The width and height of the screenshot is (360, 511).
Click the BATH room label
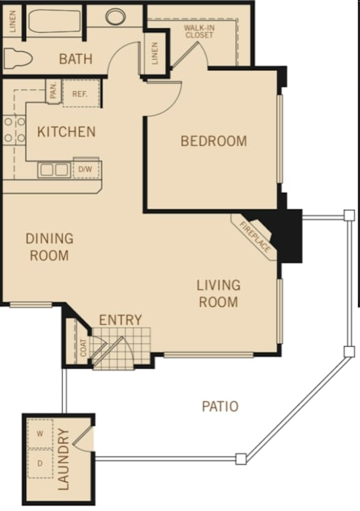coord(76,59)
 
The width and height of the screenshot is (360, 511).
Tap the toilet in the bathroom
coord(18,58)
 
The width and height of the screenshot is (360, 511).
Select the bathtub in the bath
coord(55,21)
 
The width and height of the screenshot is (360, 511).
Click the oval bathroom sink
coord(115,16)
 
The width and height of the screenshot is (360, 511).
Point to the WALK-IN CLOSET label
coord(199,31)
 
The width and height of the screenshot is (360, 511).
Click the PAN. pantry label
coord(53,91)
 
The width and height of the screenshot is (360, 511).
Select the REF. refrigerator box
coord(81,93)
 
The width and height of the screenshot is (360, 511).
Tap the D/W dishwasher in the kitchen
coord(85,169)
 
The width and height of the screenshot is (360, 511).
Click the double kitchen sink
coord(54,170)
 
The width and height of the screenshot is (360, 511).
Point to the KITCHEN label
coord(66,132)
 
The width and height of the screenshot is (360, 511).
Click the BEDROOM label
coord(213,141)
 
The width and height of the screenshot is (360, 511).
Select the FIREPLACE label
coord(255,237)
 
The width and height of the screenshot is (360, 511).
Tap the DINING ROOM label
coord(50,247)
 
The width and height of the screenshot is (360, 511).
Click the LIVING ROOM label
coord(218,293)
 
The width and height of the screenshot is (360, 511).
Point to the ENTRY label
coord(120,320)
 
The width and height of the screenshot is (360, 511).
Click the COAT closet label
coord(84,347)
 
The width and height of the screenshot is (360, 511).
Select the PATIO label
coord(220,407)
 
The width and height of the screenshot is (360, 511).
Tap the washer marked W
coord(40,434)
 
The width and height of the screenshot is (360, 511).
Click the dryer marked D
coord(40,464)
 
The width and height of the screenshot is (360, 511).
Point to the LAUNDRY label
coord(64,459)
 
